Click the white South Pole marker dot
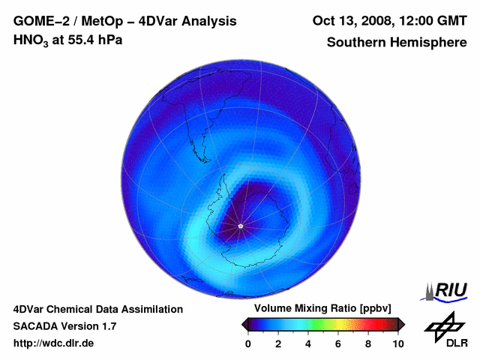(x=240, y=226)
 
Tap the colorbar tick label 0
(x=248, y=343)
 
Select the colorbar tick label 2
(x=278, y=343)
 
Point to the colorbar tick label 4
(x=308, y=343)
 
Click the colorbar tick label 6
(x=338, y=343)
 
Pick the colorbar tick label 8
(x=368, y=343)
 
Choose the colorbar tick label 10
(x=397, y=343)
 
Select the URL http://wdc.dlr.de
(x=54, y=343)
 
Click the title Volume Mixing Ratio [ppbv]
(x=319, y=309)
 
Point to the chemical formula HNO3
(x=31, y=40)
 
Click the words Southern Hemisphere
(x=397, y=42)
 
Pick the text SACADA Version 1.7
(x=64, y=326)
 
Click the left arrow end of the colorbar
(x=244, y=324)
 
